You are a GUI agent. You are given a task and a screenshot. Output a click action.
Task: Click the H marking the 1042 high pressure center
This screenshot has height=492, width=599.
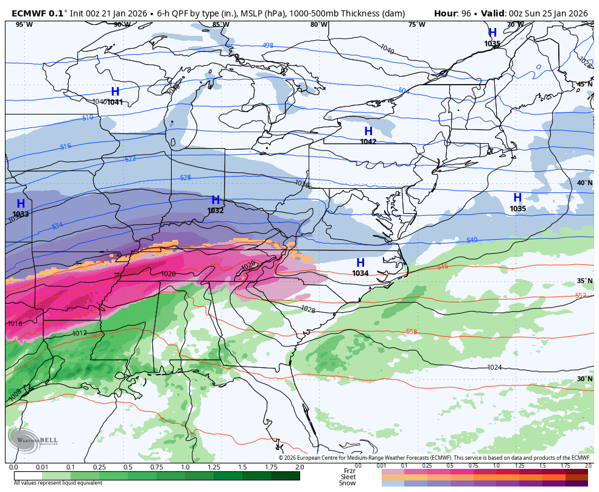(x=368, y=131)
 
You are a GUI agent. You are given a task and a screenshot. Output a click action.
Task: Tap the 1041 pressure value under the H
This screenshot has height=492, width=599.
(x=115, y=102)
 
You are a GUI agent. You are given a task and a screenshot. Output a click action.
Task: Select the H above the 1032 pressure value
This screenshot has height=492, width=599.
(x=215, y=200)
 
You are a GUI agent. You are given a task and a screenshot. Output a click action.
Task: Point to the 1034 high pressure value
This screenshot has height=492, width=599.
(x=360, y=273)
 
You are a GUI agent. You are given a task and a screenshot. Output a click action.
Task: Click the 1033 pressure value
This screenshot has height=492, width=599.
(x=20, y=214)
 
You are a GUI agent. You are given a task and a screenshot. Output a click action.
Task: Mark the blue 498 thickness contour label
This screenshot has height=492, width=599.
(x=268, y=45)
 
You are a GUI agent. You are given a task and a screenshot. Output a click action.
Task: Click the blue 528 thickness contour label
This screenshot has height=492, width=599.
(x=186, y=178)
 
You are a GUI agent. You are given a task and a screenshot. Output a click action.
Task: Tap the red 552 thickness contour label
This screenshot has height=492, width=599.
(x=581, y=296)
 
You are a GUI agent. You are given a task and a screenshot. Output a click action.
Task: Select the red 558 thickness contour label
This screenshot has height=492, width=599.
(x=412, y=331)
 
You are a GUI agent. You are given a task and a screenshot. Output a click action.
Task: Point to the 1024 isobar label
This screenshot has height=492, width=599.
(x=494, y=367)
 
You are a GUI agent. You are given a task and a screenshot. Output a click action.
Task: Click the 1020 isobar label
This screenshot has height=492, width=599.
(x=169, y=274)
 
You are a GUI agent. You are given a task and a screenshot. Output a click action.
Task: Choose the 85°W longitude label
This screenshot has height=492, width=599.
(x=220, y=24)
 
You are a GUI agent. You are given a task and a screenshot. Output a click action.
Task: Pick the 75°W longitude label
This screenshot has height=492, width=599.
(x=417, y=24)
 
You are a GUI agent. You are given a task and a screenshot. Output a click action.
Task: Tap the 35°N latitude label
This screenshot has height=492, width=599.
(x=584, y=281)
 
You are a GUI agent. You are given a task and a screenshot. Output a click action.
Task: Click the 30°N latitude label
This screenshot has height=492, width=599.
(x=584, y=379)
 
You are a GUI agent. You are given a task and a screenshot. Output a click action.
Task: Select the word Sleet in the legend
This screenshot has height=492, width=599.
(x=348, y=477)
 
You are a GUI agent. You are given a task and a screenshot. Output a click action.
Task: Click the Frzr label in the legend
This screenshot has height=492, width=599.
(x=349, y=470)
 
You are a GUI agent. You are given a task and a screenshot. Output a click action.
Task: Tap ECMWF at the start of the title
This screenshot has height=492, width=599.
(x=29, y=13)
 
